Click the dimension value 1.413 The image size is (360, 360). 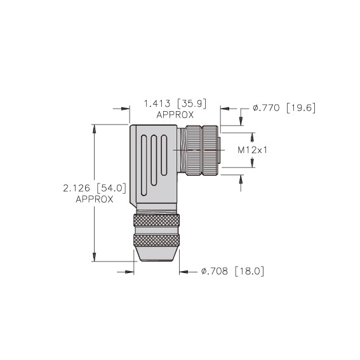157,103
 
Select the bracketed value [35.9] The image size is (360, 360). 192,103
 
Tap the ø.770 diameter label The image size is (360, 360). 266,108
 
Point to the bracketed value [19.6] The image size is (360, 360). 301,108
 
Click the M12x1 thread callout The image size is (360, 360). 253,150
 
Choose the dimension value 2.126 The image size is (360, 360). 76,189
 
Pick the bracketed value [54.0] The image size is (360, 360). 112,189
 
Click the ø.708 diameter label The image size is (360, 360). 215,271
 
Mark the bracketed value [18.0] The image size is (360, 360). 250,271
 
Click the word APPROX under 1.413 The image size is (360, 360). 175,115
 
